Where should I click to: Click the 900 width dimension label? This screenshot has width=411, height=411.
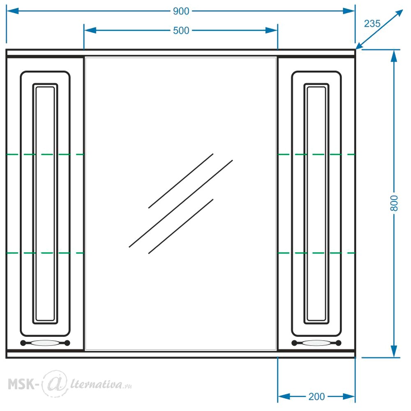(x=181, y=11)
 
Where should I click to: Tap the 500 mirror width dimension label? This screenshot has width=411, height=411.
(x=181, y=30)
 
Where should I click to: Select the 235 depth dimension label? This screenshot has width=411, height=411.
(x=372, y=23)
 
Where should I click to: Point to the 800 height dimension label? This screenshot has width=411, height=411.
(x=394, y=203)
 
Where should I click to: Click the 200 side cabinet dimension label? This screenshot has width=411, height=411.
(x=316, y=397)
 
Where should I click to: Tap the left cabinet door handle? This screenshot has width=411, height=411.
(x=45, y=343)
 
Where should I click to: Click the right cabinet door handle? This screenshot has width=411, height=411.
(x=316, y=343)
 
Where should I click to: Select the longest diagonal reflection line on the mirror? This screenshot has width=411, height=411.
(x=181, y=204)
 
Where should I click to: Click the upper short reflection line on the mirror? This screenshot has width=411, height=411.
(x=181, y=181)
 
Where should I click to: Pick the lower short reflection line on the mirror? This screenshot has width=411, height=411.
(x=181, y=226)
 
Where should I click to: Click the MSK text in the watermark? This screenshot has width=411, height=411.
(x=21, y=384)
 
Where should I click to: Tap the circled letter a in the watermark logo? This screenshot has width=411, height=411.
(x=54, y=383)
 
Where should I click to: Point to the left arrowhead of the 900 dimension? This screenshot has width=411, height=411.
(x=12, y=11)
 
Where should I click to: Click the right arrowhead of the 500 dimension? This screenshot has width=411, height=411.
(x=271, y=30)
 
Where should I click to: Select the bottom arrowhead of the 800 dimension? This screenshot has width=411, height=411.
(x=394, y=351)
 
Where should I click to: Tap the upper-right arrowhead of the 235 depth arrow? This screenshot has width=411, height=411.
(x=398, y=14)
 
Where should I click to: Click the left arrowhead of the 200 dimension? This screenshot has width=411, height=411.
(x=284, y=397)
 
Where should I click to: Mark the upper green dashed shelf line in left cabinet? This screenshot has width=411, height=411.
(x=45, y=155)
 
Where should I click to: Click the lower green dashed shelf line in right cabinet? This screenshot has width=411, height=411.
(x=316, y=253)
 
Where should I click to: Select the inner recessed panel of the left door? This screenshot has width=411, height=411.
(x=45, y=204)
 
